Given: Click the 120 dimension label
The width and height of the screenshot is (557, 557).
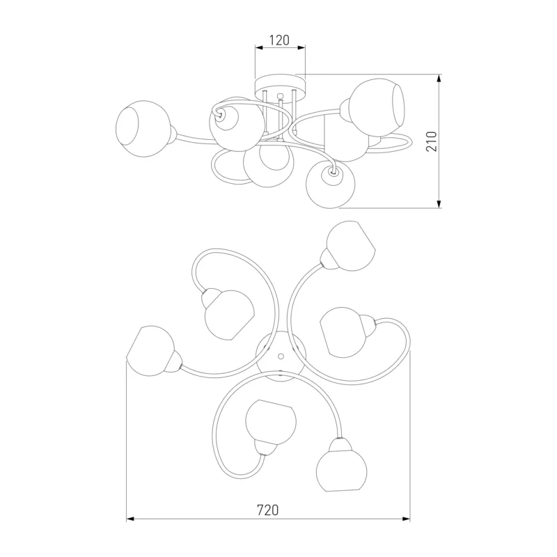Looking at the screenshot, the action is (x=280, y=40).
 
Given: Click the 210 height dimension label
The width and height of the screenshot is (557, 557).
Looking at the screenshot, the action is (x=432, y=141).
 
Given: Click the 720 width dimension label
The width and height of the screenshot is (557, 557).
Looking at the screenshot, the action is (x=268, y=510).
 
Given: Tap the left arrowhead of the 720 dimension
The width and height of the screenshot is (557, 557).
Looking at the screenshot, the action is (x=130, y=519).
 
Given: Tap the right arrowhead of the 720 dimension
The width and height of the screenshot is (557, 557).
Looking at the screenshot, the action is (x=407, y=519).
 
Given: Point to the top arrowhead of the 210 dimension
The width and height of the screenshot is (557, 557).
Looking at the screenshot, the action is (x=439, y=78).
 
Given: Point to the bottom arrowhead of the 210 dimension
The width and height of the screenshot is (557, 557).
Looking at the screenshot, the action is (x=439, y=204).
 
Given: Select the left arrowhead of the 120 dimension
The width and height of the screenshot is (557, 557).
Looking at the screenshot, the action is (x=259, y=47).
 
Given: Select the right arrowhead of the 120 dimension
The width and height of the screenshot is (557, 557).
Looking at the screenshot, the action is (x=301, y=47).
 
